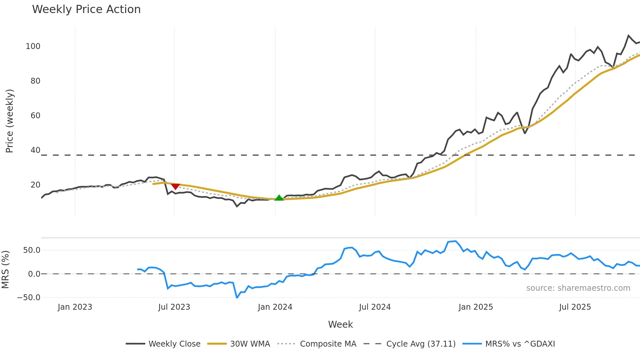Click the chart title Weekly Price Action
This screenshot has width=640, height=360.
tap(86, 9)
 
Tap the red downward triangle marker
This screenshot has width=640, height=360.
tap(175, 186)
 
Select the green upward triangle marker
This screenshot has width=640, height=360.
tap(279, 198)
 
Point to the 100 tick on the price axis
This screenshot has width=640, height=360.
tap(33, 46)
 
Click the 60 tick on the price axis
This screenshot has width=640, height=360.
tap(35, 116)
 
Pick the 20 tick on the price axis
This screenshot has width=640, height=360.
tap(35, 185)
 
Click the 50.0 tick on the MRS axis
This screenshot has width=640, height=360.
tap(32, 250)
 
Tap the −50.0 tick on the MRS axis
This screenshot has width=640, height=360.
tap(29, 298)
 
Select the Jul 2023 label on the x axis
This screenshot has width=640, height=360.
tap(174, 307)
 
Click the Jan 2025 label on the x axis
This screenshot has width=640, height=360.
tap(475, 307)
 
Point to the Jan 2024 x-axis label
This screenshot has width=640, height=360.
tap(275, 307)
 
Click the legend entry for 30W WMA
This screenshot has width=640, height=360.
tap(250, 344)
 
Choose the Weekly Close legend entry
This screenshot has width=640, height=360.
tap(174, 344)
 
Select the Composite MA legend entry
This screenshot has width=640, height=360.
tap(328, 344)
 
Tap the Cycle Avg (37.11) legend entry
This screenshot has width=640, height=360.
tap(421, 344)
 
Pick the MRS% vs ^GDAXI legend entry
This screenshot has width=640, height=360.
tap(520, 344)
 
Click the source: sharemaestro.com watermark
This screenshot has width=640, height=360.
tap(578, 288)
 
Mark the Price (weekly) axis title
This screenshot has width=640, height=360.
tap(9, 121)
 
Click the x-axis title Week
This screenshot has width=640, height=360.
tap(340, 324)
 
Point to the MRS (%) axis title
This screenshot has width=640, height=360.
tap(5, 270)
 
